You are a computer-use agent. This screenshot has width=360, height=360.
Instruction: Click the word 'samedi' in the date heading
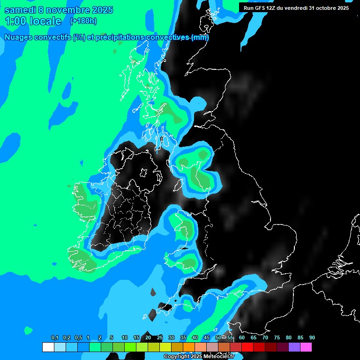[20, 10]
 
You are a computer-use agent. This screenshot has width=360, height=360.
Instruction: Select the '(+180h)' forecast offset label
[83, 21]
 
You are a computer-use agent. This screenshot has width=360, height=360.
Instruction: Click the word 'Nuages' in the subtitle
[18, 37]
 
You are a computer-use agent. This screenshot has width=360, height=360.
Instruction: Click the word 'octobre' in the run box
[325, 8]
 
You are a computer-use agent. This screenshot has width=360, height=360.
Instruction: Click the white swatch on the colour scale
[48, 347]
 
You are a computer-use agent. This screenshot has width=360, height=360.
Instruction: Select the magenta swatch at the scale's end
[306, 347]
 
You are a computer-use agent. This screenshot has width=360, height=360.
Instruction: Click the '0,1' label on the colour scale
[55, 338]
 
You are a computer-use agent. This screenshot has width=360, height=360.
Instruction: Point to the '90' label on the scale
[312, 338]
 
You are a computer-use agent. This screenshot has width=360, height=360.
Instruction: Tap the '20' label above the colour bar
[148, 338]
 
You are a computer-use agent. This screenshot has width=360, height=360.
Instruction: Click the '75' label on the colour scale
[277, 338]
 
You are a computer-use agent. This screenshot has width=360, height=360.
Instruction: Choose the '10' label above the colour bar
[125, 338]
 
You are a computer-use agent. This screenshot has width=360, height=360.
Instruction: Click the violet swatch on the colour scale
[294, 347]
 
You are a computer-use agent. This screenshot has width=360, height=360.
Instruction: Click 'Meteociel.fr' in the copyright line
[218, 357]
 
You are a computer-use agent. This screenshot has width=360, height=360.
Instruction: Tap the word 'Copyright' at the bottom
[176, 357]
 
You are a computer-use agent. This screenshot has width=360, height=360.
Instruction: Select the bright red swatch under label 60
[247, 347]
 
